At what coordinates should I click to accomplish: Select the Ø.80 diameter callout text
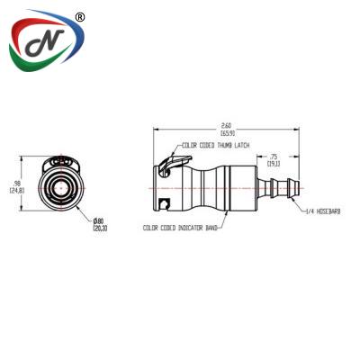98,221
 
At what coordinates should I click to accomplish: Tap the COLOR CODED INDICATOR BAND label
181,229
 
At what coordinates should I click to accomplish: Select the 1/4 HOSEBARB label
322,212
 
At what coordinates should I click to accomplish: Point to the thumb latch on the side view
166,165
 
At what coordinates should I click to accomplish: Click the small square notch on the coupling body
163,202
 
